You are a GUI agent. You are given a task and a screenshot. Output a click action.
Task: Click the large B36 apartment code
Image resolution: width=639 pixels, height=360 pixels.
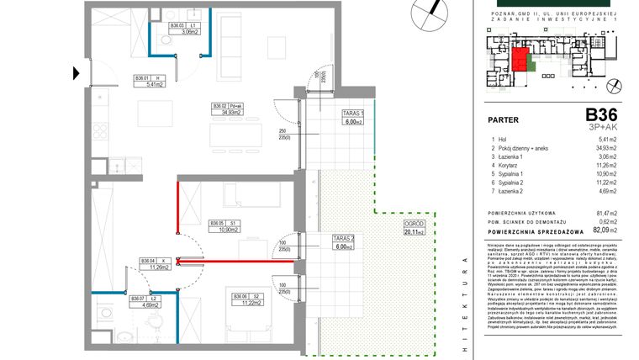coord(601,115)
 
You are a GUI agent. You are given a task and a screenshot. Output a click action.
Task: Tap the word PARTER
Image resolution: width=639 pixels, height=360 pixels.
coord(504,119)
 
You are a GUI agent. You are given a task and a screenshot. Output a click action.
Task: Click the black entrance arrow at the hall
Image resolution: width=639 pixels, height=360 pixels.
coord(79,73)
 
